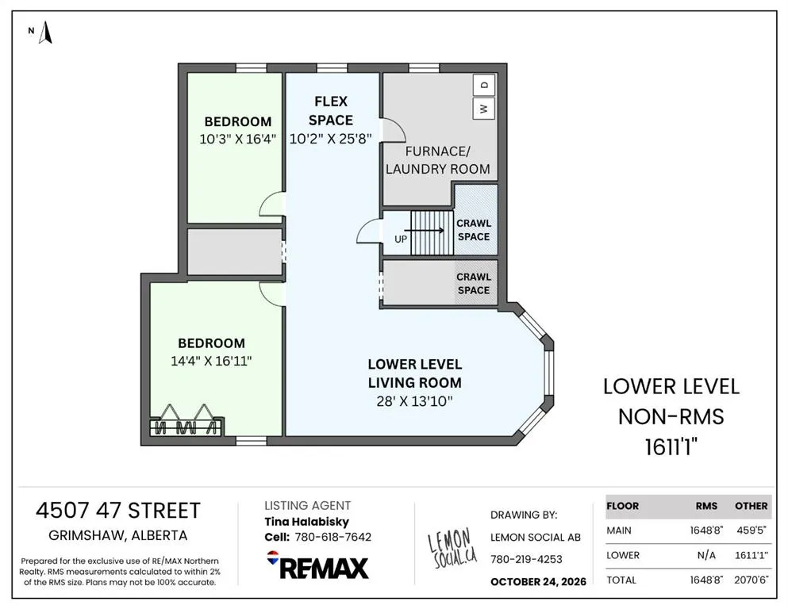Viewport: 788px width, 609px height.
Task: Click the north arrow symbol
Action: pyautogui.click(x=46, y=33)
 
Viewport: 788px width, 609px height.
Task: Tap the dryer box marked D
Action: pyautogui.click(x=484, y=85)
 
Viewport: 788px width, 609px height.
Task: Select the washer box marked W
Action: pyautogui.click(x=484, y=109)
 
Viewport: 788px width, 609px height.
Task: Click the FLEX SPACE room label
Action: pyautogui.click(x=331, y=111)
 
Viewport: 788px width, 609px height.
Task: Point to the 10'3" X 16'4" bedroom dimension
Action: pyautogui.click(x=238, y=139)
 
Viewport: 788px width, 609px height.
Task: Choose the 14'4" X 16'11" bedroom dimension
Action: pyautogui.click(x=211, y=361)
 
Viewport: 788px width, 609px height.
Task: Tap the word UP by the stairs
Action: pyautogui.click(x=401, y=239)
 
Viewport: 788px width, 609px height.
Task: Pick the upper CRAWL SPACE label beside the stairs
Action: pyautogui.click(x=474, y=230)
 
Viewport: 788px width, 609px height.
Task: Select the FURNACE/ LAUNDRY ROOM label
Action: pyautogui.click(x=438, y=160)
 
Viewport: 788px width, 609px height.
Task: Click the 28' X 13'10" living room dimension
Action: pyautogui.click(x=414, y=401)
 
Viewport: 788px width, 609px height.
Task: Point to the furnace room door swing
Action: pyautogui.click(x=394, y=131)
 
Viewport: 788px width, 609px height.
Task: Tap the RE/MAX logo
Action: pyautogui.click(x=317, y=565)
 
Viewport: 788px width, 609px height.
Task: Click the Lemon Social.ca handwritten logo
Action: pyautogui.click(x=452, y=548)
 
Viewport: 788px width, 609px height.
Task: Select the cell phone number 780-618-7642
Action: pyautogui.click(x=332, y=537)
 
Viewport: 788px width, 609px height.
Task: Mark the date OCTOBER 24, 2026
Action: pyautogui.click(x=538, y=582)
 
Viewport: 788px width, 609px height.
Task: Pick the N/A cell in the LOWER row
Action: pyautogui.click(x=706, y=555)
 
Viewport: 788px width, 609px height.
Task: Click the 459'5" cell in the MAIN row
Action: pyautogui.click(x=751, y=530)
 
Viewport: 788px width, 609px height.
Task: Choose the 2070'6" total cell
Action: pyautogui.click(x=751, y=580)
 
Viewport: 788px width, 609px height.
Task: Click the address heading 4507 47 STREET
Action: pyautogui.click(x=118, y=511)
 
